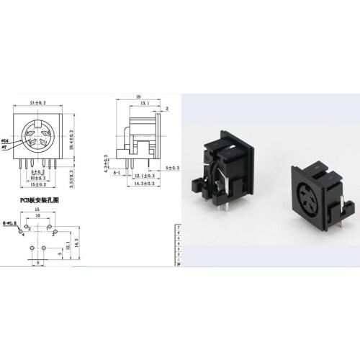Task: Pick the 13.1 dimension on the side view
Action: pos(145,103)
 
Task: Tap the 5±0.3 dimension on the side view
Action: pos(172,168)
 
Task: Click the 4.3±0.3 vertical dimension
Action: pos(106,163)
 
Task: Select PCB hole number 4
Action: pos(22,233)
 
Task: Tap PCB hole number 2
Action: pos(30,230)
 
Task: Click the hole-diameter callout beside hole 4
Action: pos(12,225)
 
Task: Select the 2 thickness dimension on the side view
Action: pos(167,109)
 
